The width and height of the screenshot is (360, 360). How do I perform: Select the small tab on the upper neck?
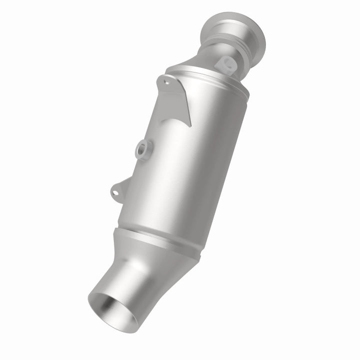[227, 64]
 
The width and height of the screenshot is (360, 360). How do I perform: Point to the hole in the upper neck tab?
[226, 62]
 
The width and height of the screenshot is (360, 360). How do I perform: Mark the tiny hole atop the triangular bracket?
[165, 78]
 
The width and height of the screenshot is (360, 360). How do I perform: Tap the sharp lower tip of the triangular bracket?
[190, 125]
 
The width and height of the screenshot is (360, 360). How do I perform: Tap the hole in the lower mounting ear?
[115, 189]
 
